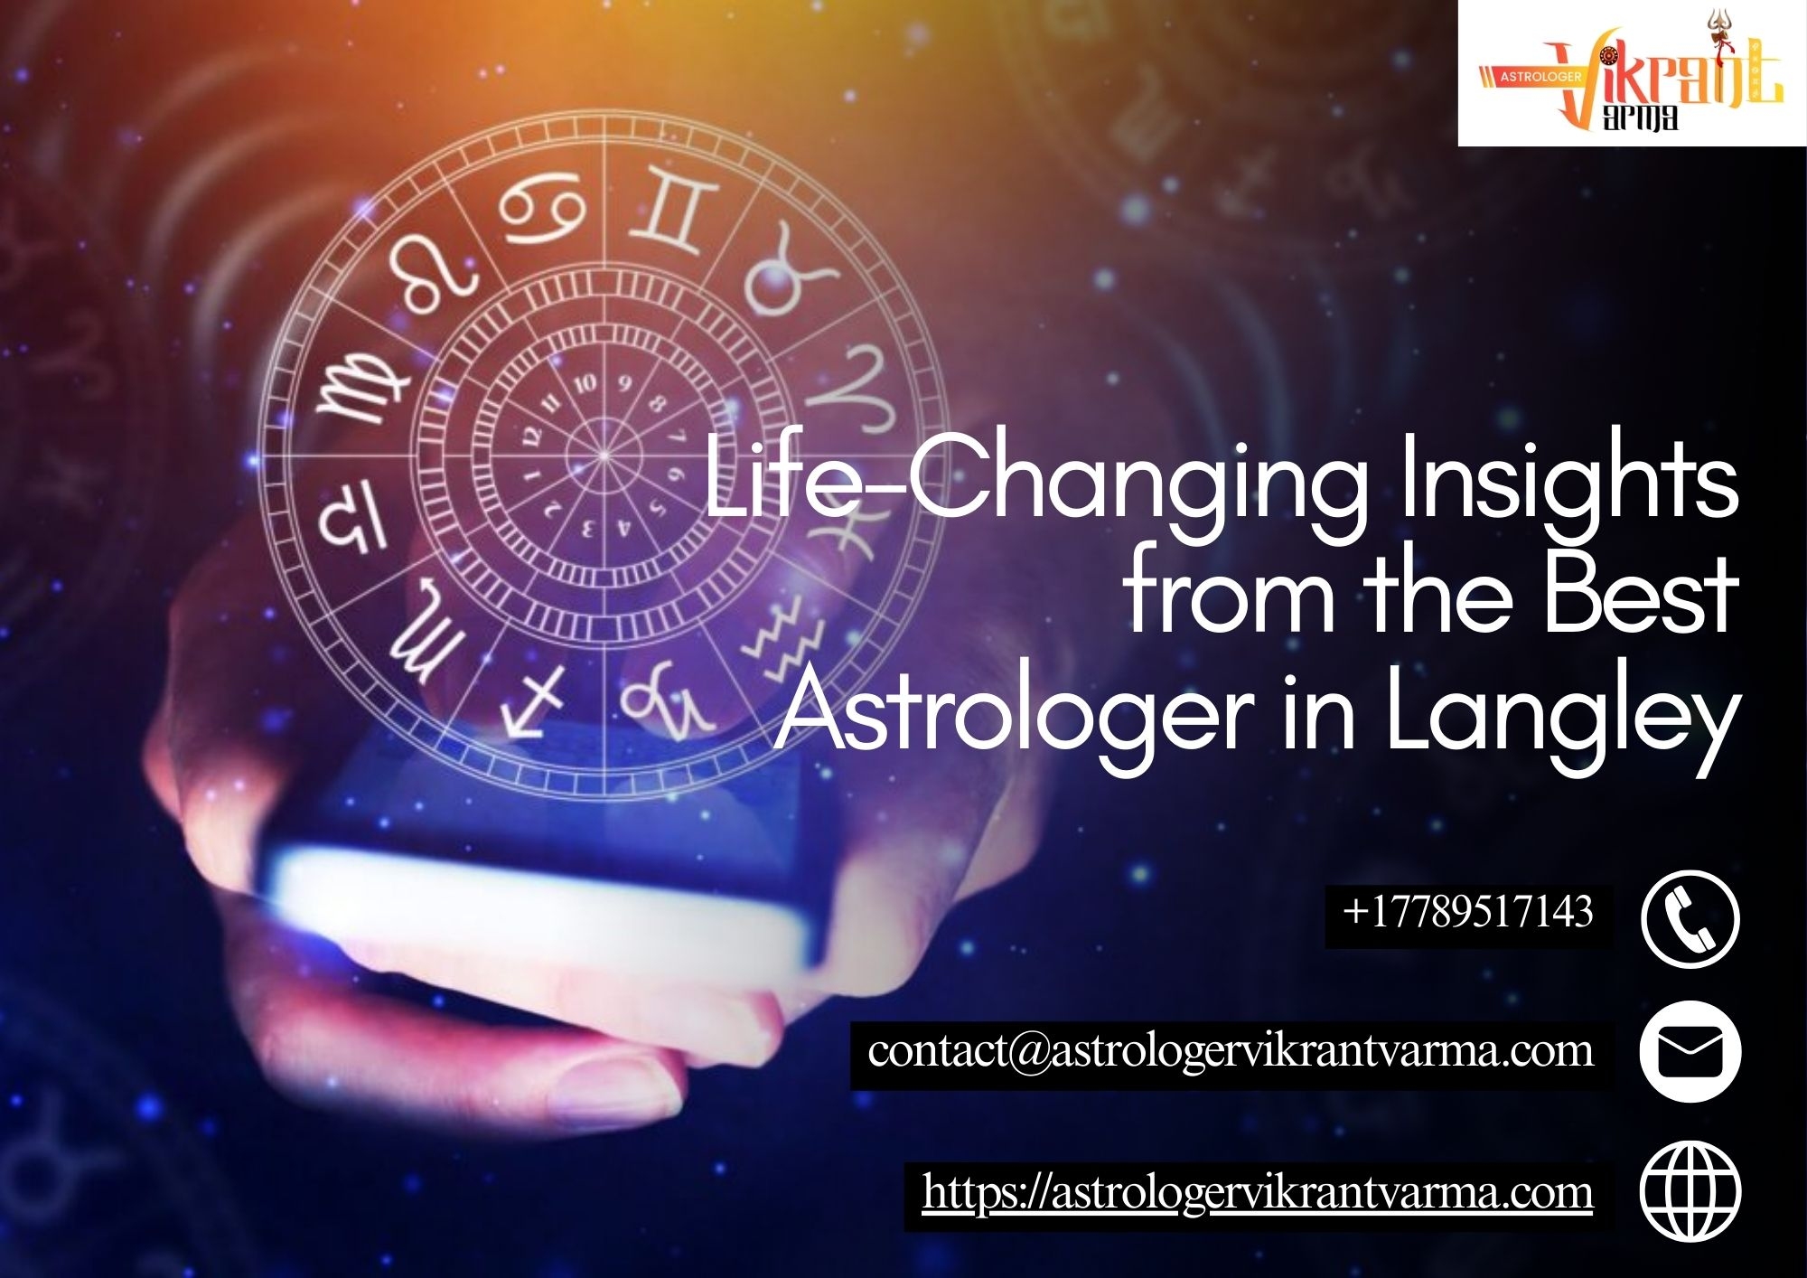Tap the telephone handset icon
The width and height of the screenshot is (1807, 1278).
tap(1690, 918)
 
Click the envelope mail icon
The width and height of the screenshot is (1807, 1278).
tap(1690, 1053)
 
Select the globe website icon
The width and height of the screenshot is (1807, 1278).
tap(1690, 1191)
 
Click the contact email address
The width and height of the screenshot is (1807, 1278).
tap(1231, 1050)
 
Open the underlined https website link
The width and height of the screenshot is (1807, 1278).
tap(1258, 1192)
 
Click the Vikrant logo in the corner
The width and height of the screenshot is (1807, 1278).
tap(1632, 72)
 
